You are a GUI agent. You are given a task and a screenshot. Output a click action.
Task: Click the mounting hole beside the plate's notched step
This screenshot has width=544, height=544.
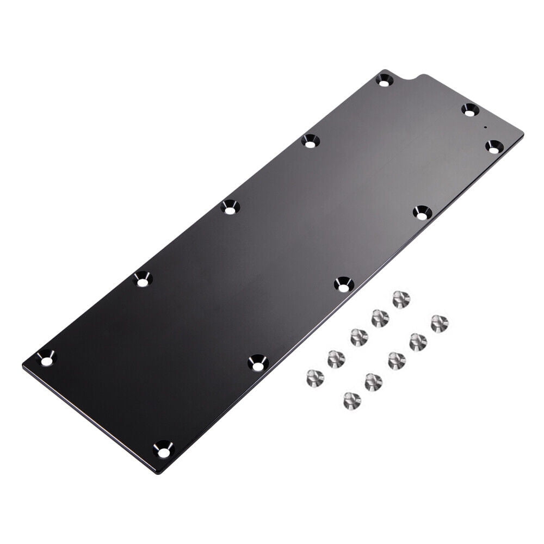click(x=385, y=81)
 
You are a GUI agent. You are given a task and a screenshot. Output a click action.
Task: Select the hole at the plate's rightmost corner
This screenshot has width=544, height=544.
click(x=494, y=146)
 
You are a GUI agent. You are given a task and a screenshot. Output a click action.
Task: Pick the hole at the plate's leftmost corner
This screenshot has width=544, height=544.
click(x=46, y=358)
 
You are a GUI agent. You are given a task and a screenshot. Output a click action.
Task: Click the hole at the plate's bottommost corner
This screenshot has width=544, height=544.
click(x=163, y=449)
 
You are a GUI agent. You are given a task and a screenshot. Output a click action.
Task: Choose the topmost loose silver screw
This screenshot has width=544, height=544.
click(x=401, y=299)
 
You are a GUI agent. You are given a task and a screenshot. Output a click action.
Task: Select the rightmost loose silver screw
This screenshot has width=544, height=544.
click(x=440, y=323)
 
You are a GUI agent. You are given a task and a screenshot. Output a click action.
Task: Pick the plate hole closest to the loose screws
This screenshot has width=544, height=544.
click(x=343, y=284)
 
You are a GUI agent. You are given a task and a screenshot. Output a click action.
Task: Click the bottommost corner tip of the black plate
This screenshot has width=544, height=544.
click(x=159, y=473)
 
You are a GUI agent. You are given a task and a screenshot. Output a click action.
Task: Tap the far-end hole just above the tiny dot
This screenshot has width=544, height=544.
click(x=471, y=109)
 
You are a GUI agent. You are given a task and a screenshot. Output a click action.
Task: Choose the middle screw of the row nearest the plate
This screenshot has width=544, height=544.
click(x=358, y=337)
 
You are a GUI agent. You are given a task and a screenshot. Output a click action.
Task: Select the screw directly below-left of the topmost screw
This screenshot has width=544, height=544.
click(x=380, y=318)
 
